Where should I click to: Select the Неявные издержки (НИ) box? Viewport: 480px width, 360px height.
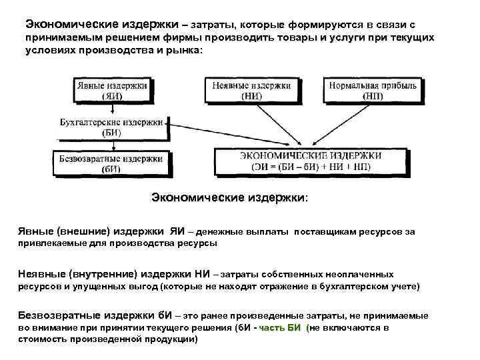pos(251,90)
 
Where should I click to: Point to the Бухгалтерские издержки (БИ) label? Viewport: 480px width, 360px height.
pos(111,127)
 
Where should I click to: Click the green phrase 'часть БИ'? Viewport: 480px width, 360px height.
pos(280,328)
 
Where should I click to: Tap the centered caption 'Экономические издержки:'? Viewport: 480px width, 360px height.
pos(230,197)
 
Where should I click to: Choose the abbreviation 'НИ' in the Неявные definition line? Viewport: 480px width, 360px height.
pos(202,274)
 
